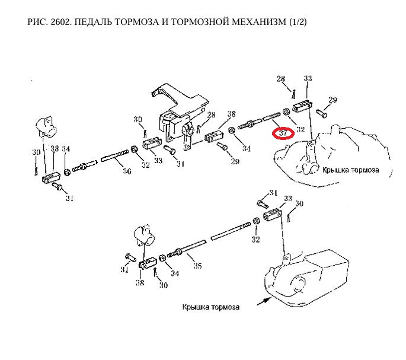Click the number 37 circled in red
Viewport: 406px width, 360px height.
pyautogui.click(x=283, y=133)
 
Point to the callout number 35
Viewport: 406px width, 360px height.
pyautogui.click(x=197, y=266)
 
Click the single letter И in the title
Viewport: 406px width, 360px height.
pyautogui.click(x=166, y=22)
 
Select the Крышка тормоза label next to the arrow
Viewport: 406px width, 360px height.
pyautogui.click(x=212, y=307)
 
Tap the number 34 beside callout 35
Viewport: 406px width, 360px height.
pyautogui.click(x=174, y=273)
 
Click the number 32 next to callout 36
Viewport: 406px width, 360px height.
pyautogui.click(x=146, y=165)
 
